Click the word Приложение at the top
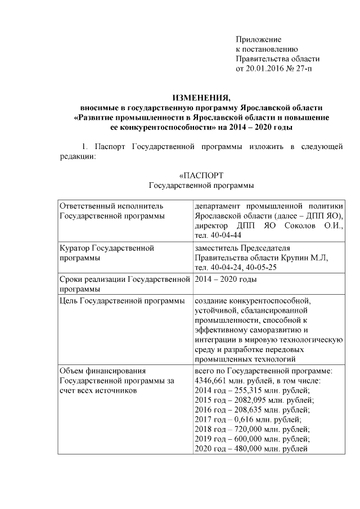(x=258, y=39)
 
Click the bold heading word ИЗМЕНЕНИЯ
(x=201, y=97)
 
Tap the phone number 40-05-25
(x=258, y=267)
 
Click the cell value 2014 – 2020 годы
(x=226, y=280)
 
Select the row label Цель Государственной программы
(x=123, y=303)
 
